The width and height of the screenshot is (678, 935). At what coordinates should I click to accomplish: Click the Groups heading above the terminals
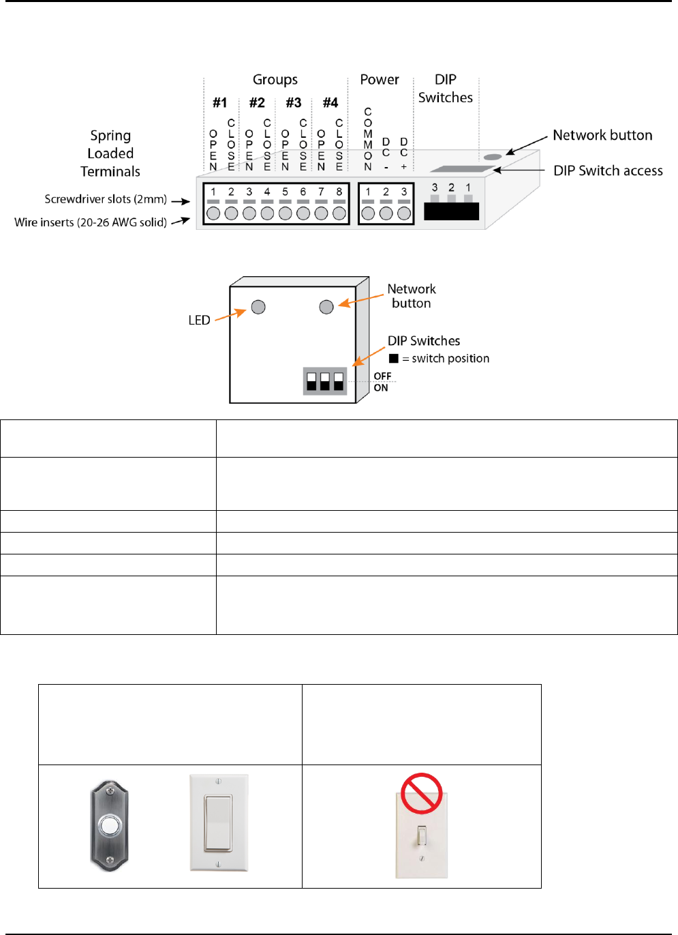(275, 80)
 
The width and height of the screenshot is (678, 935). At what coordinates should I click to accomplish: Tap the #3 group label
(294, 103)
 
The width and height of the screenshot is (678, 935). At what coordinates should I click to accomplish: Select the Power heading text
(380, 80)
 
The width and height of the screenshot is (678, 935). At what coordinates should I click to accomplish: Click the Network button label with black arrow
(602, 135)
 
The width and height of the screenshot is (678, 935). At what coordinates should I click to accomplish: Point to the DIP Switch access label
(608, 170)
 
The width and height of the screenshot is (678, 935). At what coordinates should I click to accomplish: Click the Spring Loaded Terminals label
(110, 153)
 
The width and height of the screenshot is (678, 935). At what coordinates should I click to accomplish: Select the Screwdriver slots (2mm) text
(106, 199)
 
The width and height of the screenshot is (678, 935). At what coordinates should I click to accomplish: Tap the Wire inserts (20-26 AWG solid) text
(91, 222)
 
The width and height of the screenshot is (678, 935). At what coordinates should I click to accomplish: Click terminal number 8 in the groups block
(339, 192)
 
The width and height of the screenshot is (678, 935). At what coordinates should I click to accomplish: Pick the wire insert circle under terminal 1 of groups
(213, 213)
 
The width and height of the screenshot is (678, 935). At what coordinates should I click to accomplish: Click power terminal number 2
(386, 192)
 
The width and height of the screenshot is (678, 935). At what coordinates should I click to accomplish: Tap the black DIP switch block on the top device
(451, 211)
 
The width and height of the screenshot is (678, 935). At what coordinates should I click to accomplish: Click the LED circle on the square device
(258, 307)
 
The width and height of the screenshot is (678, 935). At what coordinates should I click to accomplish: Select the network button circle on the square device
(326, 307)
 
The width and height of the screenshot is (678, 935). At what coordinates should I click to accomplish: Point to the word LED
(199, 321)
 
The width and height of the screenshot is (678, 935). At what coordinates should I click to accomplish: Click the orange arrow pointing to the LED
(230, 315)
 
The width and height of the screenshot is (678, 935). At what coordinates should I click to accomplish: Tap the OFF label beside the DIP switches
(382, 376)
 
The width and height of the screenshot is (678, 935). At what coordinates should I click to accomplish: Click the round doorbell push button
(109, 827)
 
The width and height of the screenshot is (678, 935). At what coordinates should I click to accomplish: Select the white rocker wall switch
(219, 822)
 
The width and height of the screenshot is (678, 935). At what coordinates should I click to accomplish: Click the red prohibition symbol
(422, 793)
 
